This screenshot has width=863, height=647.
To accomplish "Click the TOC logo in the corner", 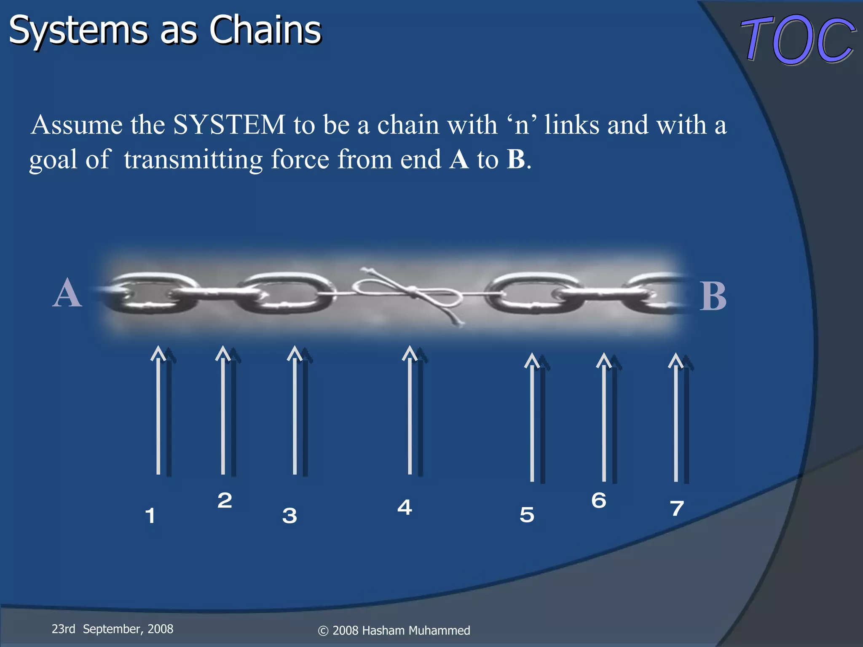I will (x=798, y=40).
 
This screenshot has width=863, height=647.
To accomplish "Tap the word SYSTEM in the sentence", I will (x=229, y=125).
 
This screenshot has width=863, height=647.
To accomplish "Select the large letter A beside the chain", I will (x=67, y=294).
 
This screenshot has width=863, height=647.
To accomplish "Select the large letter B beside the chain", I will (x=713, y=297).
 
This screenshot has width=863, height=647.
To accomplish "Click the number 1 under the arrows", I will (x=150, y=516).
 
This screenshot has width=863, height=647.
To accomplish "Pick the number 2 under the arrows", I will (x=225, y=500).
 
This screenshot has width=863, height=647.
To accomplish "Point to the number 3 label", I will (x=289, y=516).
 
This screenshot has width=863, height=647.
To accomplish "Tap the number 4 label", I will (x=405, y=507).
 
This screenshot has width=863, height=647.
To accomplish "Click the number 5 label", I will (x=527, y=515).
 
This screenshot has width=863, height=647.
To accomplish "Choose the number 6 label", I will (x=598, y=500).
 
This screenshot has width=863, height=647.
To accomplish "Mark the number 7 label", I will (x=677, y=508).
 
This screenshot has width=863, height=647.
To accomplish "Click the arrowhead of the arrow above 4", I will (x=410, y=353).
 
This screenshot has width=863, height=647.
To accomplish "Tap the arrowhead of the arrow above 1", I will (x=158, y=353).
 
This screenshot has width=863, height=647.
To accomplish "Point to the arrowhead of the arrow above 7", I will (x=675, y=360).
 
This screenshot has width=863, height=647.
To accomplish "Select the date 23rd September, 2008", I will (x=113, y=629).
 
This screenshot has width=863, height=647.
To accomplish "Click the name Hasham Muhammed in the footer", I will (x=415, y=631).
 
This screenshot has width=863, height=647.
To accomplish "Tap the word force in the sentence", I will (x=300, y=160).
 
